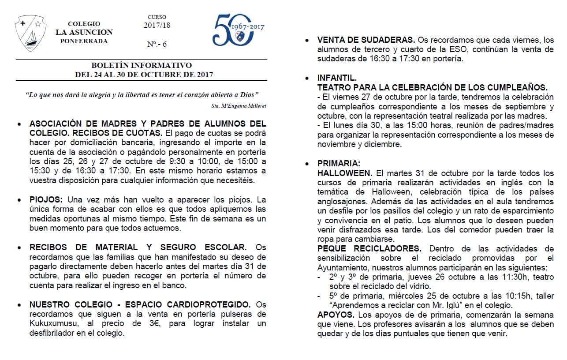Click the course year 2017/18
coord(157,25)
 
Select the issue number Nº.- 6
coord(157,44)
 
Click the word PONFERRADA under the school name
coord(84,41)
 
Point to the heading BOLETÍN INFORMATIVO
coord(142,65)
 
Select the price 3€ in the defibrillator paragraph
coord(148,323)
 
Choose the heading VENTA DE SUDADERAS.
coord(366,40)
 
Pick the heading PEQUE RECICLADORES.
coord(369,249)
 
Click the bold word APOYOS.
coord(336,315)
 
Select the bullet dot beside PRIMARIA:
coord(307,164)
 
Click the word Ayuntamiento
coord(343,268)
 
